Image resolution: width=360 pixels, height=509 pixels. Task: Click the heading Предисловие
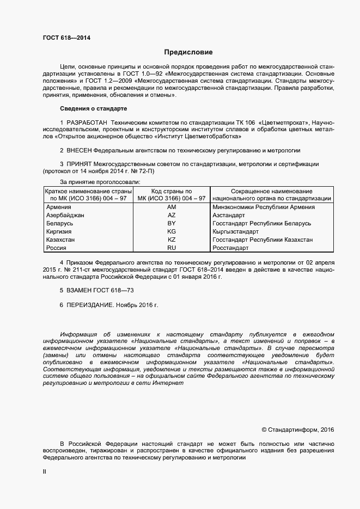[x=188, y=52]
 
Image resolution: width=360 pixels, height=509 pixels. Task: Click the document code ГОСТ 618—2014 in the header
[x=66, y=38]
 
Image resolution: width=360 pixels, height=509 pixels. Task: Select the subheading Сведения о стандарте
[x=93, y=108]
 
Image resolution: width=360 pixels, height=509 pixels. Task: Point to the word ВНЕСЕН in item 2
[x=79, y=150]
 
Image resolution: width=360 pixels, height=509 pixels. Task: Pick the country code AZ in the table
[x=172, y=216]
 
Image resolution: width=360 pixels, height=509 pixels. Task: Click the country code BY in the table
[x=172, y=224]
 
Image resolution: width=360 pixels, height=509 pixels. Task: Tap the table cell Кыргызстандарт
[x=235, y=232]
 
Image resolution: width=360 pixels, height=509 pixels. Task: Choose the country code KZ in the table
[x=172, y=240]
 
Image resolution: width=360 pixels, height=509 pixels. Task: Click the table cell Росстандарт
[x=230, y=248]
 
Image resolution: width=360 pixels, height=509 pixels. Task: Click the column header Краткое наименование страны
[x=88, y=192]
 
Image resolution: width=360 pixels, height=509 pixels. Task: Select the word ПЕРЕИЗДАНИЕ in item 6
[x=90, y=305]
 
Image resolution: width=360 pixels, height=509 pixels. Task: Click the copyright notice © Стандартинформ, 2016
[x=298, y=430]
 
